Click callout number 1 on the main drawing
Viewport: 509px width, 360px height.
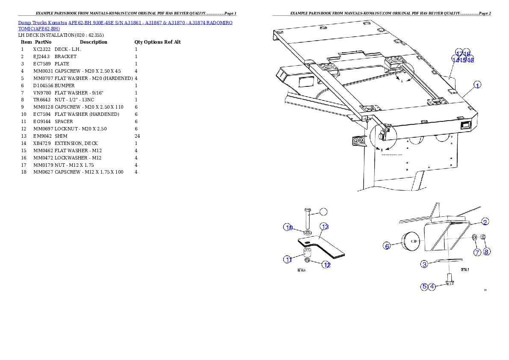(x=477, y=85)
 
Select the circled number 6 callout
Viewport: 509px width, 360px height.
(x=387, y=246)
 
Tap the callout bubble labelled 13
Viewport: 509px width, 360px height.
(x=325, y=226)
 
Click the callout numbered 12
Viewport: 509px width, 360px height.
(x=326, y=265)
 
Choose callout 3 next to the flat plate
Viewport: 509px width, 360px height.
(x=424, y=264)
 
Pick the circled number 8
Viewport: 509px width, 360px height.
(x=487, y=252)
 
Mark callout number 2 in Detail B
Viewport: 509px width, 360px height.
(x=485, y=221)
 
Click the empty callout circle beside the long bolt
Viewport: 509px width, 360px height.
(x=324, y=211)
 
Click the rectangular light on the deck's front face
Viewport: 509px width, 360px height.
(x=466, y=126)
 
